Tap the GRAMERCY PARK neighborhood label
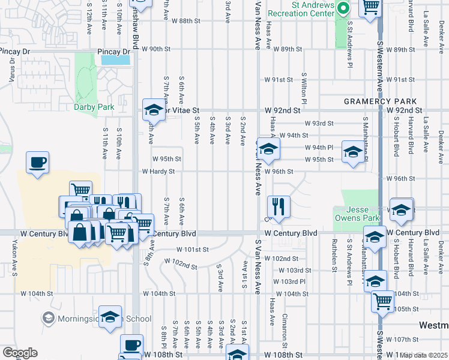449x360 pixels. [x=376, y=101]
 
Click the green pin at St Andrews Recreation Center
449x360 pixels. [x=343, y=8]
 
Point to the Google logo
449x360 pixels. [x=20, y=352]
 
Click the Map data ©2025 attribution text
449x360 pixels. [x=424, y=355]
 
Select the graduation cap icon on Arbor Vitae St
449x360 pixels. [x=153, y=110]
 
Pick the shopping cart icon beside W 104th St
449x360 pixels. [x=382, y=302]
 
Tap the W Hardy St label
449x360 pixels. [x=158, y=171]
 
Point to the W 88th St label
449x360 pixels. [x=185, y=20]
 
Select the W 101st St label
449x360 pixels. [x=192, y=249]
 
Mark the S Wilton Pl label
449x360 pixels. [x=304, y=95]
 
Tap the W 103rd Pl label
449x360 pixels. [x=289, y=281]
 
